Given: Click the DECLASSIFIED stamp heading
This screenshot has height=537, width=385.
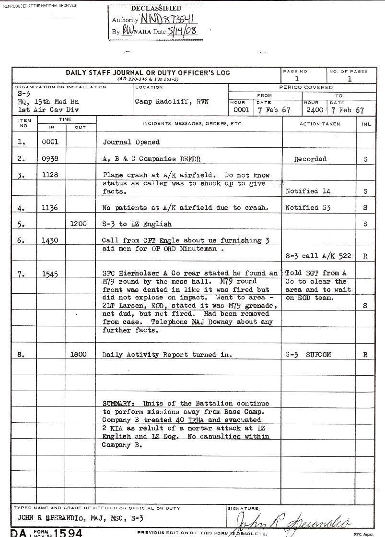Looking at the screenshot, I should click(156, 8).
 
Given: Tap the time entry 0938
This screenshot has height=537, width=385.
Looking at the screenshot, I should click(50, 159).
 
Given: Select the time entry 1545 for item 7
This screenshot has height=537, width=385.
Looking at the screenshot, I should click(50, 274).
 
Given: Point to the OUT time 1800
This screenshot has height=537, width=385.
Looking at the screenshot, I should click(79, 355).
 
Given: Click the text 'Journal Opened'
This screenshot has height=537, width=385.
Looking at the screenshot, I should click(131, 142).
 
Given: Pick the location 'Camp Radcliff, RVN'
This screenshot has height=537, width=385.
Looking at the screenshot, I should click(172, 102).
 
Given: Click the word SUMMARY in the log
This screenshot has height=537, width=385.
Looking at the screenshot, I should click(119, 404).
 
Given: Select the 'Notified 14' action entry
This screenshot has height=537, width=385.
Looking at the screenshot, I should click(308, 191).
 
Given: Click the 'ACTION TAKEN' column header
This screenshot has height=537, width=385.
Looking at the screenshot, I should click(319, 124).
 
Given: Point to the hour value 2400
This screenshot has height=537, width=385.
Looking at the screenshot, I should click(315, 110).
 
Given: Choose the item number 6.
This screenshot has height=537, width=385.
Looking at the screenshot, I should click(21, 241).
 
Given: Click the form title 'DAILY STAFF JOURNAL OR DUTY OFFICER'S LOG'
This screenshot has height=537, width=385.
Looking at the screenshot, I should click(148, 73).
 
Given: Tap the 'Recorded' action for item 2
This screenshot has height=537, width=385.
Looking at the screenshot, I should click(310, 159).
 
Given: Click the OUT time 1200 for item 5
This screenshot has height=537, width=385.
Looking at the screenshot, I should click(79, 224).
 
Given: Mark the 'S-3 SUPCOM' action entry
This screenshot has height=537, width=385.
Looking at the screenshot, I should click(308, 355).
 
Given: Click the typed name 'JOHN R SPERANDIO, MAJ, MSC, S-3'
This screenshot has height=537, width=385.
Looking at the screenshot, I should click(81, 518).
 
